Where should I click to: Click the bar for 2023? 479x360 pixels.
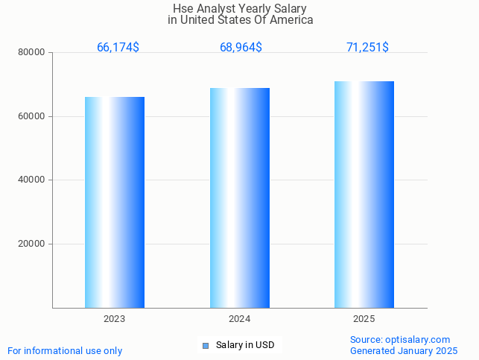tap(115, 202)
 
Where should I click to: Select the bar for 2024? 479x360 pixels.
tap(240, 198)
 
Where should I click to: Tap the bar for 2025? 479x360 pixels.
tap(364, 194)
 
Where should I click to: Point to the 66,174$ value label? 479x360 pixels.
tap(118, 48)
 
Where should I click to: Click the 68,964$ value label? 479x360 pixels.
tap(241, 48)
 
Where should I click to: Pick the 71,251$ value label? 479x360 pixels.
tap(367, 48)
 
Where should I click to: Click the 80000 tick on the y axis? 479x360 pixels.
tap(33, 53)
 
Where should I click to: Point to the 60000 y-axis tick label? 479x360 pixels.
tap(33, 116)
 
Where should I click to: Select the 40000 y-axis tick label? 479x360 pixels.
tap(33, 180)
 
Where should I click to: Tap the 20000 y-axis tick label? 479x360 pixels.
tap(33, 244)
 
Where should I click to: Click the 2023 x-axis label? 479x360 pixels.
tap(115, 319)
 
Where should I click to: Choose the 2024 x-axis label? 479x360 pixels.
tap(240, 319)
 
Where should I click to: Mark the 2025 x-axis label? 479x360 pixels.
tap(364, 319)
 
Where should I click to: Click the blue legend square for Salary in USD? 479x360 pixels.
tap(206, 345)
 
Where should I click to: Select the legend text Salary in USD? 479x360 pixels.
tap(245, 345)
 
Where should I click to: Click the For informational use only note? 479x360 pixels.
tap(65, 350)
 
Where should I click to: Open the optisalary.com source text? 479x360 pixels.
tap(400, 339)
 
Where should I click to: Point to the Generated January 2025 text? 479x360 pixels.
tap(404, 350)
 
